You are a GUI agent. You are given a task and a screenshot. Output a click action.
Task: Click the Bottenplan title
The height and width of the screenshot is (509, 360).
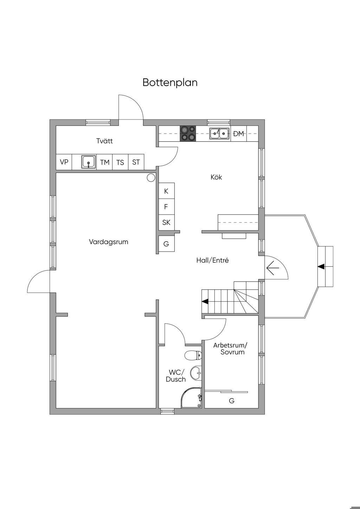pos(170,83)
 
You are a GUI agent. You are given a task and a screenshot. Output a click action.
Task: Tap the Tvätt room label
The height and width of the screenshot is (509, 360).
pos(104,141)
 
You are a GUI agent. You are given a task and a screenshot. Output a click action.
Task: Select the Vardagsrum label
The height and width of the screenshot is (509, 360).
pos(109,242)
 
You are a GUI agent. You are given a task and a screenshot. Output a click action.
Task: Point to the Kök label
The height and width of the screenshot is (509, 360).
pos(216,177)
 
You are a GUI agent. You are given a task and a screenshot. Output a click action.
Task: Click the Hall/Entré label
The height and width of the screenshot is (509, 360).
pos(212,260)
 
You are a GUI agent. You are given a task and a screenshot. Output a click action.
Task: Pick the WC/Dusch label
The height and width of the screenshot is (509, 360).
pos(176,376)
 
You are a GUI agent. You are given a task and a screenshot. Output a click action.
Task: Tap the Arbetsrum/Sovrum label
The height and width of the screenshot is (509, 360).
pos(230,349)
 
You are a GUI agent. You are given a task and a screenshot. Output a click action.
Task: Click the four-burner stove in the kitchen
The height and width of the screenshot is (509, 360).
pos(188,134)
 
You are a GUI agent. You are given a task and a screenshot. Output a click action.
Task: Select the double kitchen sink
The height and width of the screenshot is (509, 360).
pos(219,134)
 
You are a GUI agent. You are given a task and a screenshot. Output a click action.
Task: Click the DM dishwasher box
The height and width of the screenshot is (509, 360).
pos(239,134)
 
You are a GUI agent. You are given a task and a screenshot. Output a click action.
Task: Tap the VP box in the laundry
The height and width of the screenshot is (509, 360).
pos(64,162)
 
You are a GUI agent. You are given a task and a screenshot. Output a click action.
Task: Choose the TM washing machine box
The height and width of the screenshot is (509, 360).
pos(105,162)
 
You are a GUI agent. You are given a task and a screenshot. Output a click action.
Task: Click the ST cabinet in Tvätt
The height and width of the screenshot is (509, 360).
pos(136,162)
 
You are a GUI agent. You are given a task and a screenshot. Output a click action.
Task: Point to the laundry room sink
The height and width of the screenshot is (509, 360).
pos(88,162)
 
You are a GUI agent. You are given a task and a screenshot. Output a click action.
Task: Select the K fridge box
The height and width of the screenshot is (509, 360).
pos(166,191)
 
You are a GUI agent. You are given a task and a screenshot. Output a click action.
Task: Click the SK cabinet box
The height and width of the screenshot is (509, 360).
pos(166,222)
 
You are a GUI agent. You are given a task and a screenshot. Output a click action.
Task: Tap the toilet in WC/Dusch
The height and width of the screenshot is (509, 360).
pos(193,355)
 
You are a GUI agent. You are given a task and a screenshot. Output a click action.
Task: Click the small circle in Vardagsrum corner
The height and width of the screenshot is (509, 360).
pos(151,178)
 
